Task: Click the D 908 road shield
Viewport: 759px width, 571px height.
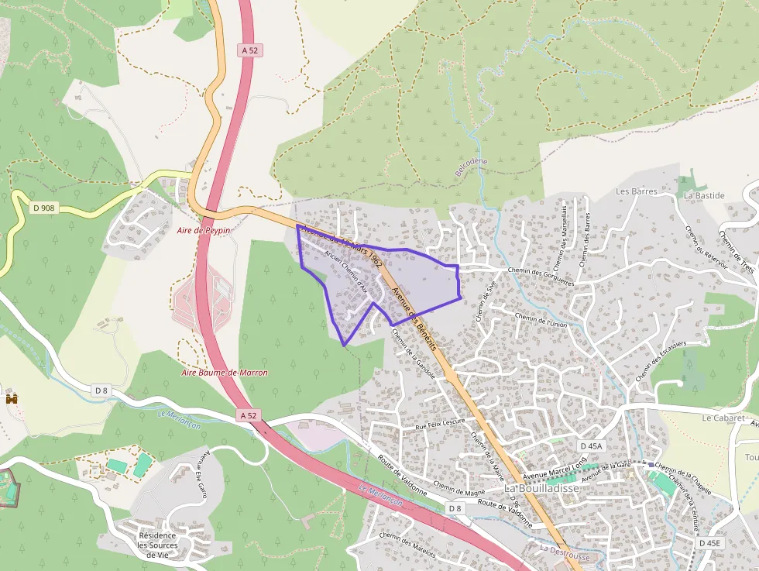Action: click(x=43, y=208)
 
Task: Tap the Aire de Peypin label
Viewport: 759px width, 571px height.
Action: click(x=204, y=230)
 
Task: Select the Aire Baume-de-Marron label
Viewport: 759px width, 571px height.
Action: click(x=224, y=373)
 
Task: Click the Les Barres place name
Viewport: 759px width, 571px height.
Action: click(x=636, y=191)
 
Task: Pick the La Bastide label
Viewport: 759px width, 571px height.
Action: click(x=704, y=196)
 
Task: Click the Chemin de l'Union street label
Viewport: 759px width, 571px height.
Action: click(x=541, y=320)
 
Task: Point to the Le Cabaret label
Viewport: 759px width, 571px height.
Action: click(x=723, y=418)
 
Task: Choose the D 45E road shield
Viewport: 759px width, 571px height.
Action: click(x=709, y=543)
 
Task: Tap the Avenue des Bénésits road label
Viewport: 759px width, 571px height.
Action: click(x=415, y=317)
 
